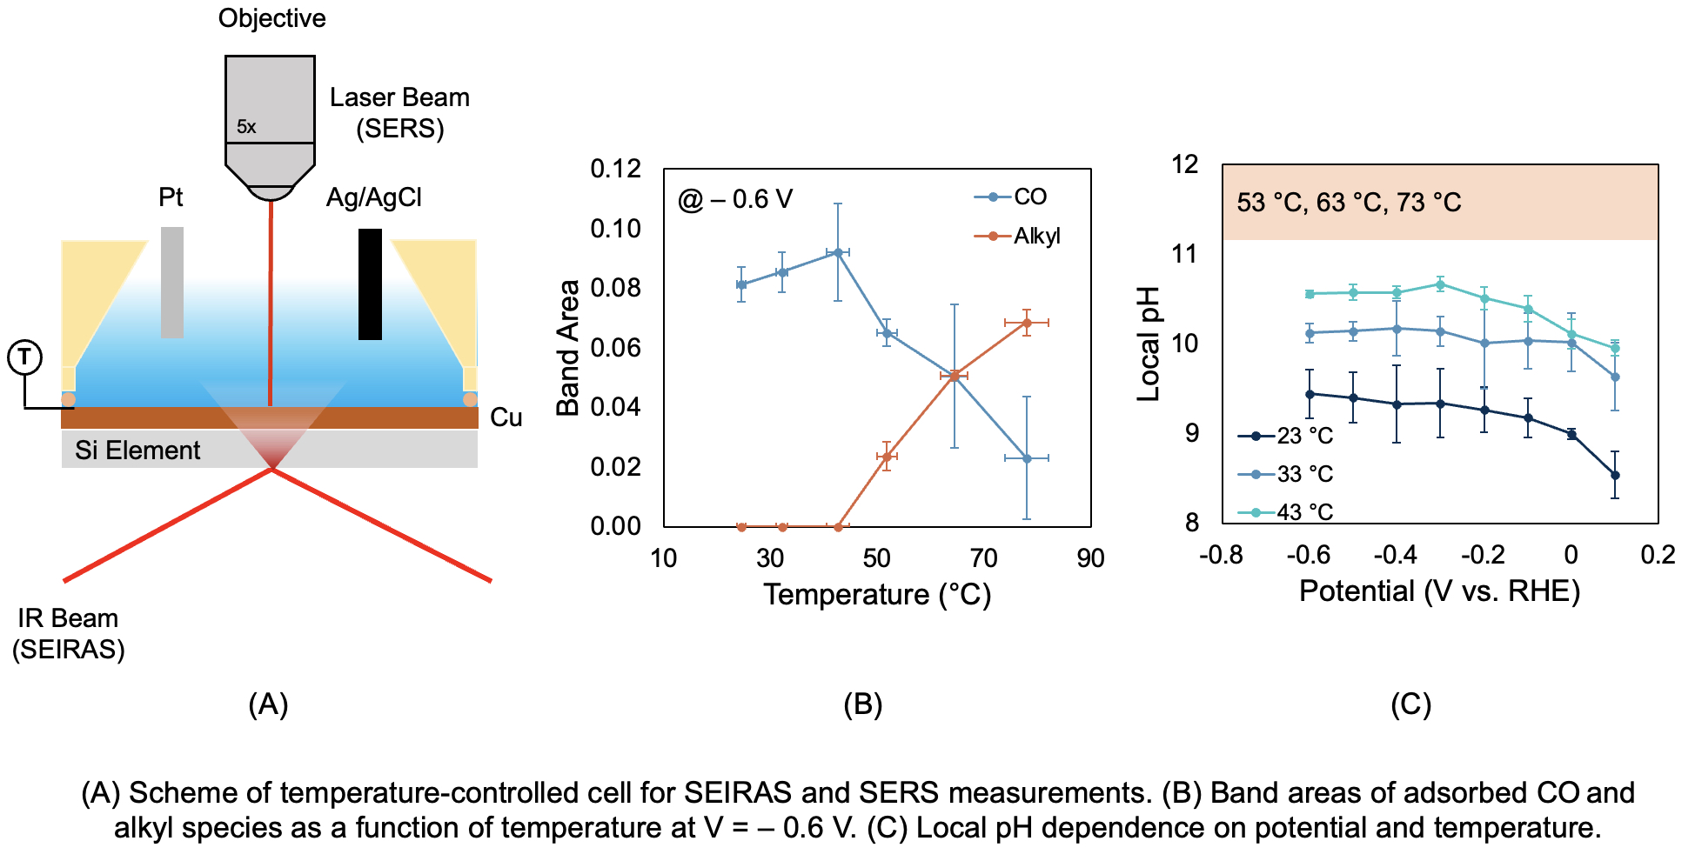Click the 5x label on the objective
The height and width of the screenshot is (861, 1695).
click(x=246, y=127)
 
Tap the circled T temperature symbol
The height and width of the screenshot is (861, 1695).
click(x=25, y=357)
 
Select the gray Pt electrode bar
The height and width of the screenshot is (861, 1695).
click(x=172, y=282)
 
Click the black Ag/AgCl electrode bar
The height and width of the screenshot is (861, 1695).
click(x=370, y=284)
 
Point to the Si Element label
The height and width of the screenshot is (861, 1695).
click(x=137, y=450)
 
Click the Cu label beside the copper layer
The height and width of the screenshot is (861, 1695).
click(x=506, y=417)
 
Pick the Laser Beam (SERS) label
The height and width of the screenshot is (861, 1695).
click(x=399, y=113)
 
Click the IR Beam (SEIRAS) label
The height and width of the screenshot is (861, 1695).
click(x=69, y=634)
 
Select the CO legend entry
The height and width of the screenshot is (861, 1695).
click(x=1012, y=197)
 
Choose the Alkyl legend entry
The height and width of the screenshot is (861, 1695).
click(x=1018, y=236)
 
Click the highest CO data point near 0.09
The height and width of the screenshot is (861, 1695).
click(x=838, y=252)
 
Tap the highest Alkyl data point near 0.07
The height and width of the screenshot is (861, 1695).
click(x=1027, y=323)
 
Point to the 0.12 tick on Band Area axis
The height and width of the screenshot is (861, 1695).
click(x=615, y=169)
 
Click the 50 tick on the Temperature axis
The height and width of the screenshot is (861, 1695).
click(x=877, y=558)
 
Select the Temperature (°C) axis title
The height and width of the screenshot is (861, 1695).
click(x=877, y=595)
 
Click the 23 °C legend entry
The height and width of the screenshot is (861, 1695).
click(x=1287, y=436)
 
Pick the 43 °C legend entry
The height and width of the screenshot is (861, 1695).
click(x=1287, y=512)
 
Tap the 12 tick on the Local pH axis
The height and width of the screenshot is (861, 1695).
click(x=1185, y=164)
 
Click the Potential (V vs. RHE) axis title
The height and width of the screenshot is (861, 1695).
click(x=1439, y=591)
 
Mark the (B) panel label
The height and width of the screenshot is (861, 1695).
click(x=863, y=704)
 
